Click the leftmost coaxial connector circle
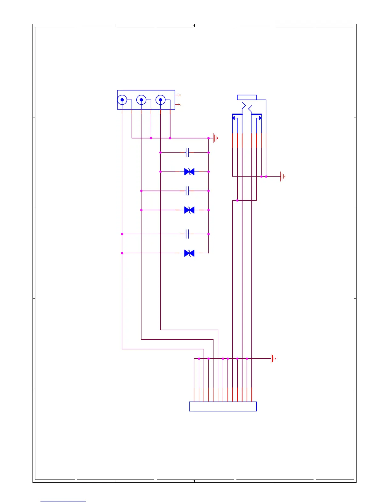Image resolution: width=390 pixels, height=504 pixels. (122, 100)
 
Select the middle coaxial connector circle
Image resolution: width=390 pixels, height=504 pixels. (141, 100)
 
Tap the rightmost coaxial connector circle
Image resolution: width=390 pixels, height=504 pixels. (160, 100)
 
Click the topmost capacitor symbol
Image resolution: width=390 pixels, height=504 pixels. (187, 152)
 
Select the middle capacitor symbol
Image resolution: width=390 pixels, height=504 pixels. (187, 191)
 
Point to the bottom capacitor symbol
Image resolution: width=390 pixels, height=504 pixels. (187, 234)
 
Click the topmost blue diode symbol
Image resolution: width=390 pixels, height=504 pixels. (189, 172)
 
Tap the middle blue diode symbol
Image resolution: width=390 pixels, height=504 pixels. (189, 210)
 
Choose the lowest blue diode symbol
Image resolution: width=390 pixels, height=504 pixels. (189, 253)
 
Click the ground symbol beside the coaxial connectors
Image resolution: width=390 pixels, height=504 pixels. (216, 138)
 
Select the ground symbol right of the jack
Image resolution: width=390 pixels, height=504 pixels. (283, 176)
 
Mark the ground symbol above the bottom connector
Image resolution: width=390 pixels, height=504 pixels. (273, 359)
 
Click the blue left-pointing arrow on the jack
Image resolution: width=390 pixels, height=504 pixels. (234, 118)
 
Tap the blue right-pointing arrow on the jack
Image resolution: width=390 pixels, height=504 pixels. (260, 118)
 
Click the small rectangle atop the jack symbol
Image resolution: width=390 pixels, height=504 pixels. (247, 97)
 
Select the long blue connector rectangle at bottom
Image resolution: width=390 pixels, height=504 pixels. (223, 406)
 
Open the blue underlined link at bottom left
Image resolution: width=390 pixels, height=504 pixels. (63, 501)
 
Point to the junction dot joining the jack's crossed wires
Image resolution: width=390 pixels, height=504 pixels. (237, 200)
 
